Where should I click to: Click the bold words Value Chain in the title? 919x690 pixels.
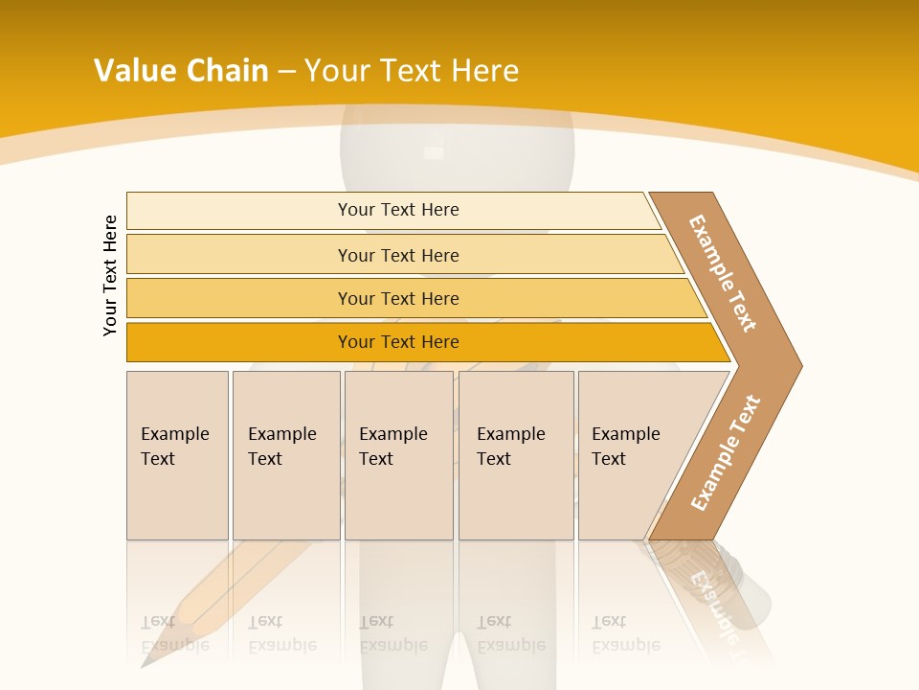tap(181, 71)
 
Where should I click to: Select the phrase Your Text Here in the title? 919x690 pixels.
tap(412, 71)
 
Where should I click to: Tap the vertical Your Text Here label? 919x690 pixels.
tap(110, 275)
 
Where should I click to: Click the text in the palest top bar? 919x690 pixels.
tap(398, 210)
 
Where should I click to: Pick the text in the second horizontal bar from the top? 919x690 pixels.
tap(398, 255)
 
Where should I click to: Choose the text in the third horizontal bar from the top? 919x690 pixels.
tap(398, 299)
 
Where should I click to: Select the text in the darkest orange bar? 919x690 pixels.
tap(398, 342)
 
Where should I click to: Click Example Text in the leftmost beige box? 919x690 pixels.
tap(174, 447)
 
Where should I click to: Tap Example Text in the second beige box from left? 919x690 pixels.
tap(281, 447)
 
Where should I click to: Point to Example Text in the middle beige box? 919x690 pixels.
tap(392, 447)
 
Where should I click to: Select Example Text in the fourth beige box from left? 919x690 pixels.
tap(510, 447)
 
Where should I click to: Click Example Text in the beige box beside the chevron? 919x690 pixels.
tap(625, 447)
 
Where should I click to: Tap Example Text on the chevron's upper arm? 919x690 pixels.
tap(723, 273)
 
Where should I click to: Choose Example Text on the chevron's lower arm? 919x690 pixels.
tap(726, 453)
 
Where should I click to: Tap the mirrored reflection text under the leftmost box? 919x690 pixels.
tap(174, 633)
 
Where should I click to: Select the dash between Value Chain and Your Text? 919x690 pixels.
tap(286, 72)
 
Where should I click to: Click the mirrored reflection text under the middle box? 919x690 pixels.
tap(392, 633)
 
